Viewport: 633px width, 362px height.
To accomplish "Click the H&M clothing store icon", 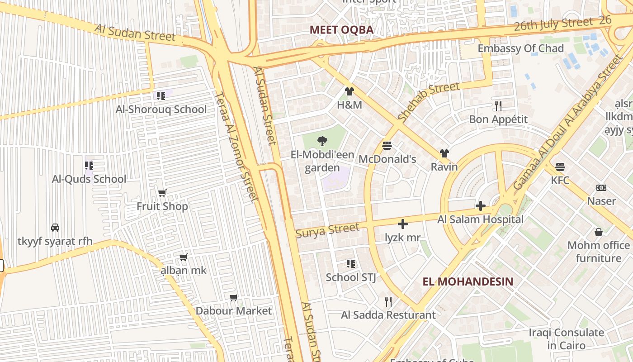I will [x=349, y=91].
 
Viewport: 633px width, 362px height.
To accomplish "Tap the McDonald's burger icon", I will [x=387, y=146].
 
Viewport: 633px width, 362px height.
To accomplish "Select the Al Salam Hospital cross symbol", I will [x=480, y=206].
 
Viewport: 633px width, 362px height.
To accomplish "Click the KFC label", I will [x=560, y=181].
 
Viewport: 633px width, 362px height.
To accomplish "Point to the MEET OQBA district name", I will [x=341, y=30].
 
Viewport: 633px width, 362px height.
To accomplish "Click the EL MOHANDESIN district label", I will [x=468, y=281].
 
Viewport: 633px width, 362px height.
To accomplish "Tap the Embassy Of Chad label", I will [x=520, y=48].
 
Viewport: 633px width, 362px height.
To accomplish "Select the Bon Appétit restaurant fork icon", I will [x=498, y=106].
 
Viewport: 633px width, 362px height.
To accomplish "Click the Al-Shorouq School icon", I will [x=161, y=96].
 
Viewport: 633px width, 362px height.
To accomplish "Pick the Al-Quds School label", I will [x=89, y=179].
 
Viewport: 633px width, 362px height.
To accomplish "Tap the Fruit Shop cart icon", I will [x=162, y=193].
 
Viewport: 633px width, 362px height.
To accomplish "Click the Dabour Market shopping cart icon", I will [x=234, y=298].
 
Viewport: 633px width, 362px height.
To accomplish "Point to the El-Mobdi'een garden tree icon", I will [x=322, y=141].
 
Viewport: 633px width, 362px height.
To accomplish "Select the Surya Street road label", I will [x=327, y=230].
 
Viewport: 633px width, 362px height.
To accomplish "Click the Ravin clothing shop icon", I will [x=444, y=154].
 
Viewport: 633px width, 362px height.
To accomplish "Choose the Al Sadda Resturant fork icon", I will [x=388, y=301].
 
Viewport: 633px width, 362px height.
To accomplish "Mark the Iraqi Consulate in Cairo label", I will [x=566, y=339].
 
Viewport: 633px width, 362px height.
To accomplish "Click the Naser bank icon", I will [x=601, y=188].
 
